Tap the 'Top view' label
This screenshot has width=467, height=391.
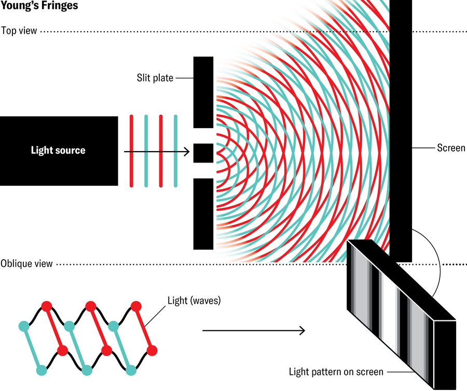tap(19, 31)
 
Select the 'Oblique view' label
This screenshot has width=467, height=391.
tap(26, 264)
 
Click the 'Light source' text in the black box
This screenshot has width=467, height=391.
tap(58, 151)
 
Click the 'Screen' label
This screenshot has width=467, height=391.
tap(451, 148)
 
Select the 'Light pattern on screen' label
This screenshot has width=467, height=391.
tap(336, 372)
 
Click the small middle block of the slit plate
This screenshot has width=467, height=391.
tap(203, 153)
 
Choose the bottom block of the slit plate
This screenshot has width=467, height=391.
tap(203, 213)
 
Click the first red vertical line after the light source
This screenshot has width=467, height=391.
tap(132, 151)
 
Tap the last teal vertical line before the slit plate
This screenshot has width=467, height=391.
tap(175, 151)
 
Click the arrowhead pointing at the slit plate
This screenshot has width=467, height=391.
tap(185, 153)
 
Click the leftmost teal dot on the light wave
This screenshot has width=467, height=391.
tap(23, 327)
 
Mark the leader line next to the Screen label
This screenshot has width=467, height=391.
tap(423, 148)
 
